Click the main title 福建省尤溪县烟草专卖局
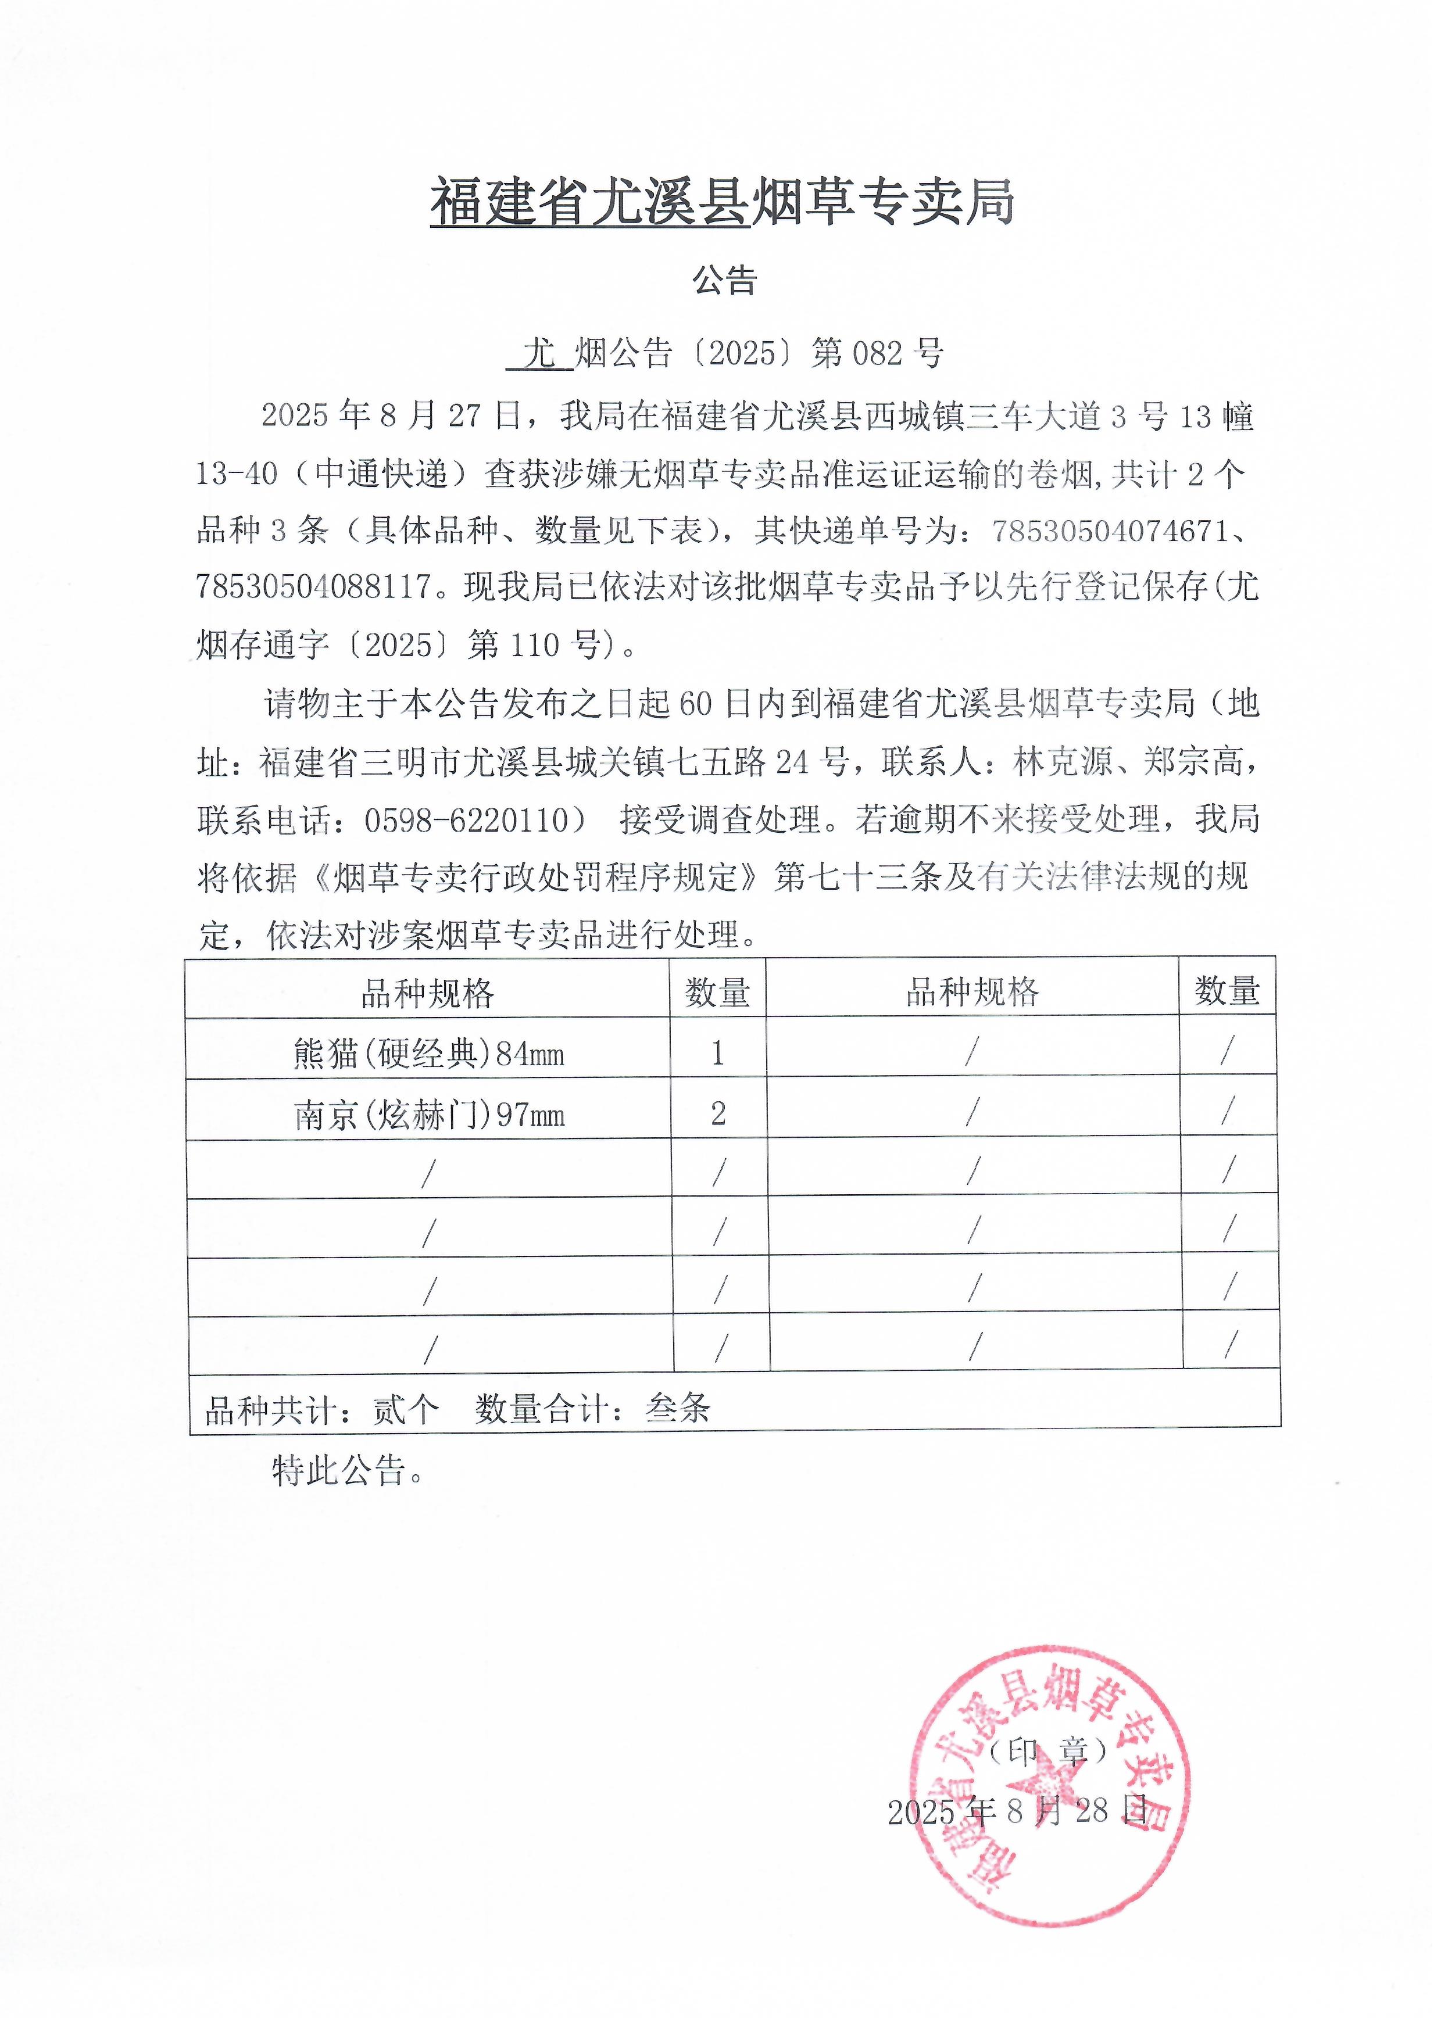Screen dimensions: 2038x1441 [x=722, y=202]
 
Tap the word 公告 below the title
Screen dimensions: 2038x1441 [x=724, y=281]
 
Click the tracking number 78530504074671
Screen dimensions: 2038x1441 [x=1110, y=531]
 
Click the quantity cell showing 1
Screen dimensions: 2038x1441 [x=717, y=1054]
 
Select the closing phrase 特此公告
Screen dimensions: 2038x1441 [x=338, y=1471]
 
